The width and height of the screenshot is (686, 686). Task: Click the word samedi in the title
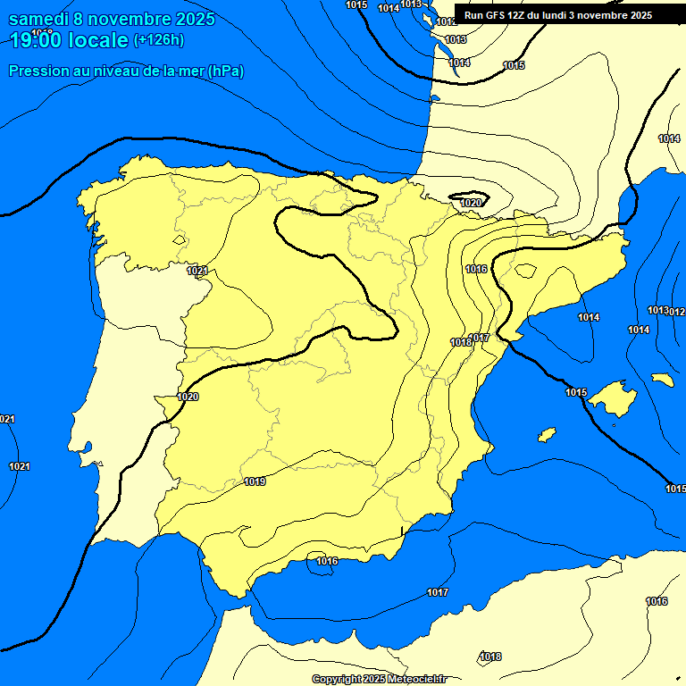pyautogui.click(x=39, y=19)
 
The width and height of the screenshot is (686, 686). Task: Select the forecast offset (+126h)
pyautogui.click(x=158, y=40)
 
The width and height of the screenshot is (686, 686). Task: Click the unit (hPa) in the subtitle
pyautogui.click(x=226, y=71)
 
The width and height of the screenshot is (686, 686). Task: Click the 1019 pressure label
pyautogui.click(x=255, y=482)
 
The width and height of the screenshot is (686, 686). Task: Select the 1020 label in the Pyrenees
pyautogui.click(x=471, y=204)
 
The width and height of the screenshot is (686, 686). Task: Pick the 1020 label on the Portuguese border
pyautogui.click(x=188, y=397)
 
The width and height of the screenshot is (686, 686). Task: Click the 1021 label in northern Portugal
pyautogui.click(x=198, y=271)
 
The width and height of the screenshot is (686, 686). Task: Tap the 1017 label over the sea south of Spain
pyautogui.click(x=437, y=593)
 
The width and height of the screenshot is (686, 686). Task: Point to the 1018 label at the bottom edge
pyautogui.click(x=490, y=657)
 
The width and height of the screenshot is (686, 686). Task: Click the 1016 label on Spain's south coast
pyautogui.click(x=327, y=561)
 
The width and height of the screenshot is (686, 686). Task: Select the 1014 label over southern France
pyautogui.click(x=669, y=138)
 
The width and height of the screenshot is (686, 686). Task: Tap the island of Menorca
pyautogui.click(x=662, y=380)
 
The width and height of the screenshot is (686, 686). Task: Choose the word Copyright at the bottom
pyautogui.click(x=336, y=680)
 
